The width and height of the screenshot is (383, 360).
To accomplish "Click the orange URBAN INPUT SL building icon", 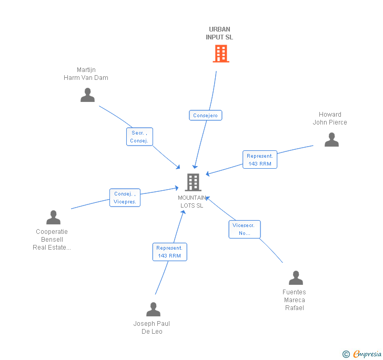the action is click(220, 54).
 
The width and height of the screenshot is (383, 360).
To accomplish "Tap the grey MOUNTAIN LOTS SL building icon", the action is click(193, 182).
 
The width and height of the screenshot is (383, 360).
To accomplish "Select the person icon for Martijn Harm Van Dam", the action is click(87, 95).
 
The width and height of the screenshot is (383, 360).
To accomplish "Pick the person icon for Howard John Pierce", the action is click(331, 139).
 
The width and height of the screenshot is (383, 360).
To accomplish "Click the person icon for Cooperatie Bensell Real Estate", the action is click(53, 217).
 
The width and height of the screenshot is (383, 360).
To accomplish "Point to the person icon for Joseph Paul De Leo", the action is click(153, 309).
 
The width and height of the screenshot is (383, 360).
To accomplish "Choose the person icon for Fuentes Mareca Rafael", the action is click(296, 277).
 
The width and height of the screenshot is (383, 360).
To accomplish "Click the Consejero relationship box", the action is click(205, 116).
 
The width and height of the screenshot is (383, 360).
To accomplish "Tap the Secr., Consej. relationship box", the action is click(139, 137).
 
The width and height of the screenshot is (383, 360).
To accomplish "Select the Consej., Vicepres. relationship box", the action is click(125, 198).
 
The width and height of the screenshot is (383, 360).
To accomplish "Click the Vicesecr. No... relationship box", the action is click(245, 229).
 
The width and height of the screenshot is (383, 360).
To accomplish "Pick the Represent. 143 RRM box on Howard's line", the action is click(260, 160).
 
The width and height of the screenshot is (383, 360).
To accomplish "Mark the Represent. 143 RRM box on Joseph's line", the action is click(169, 252).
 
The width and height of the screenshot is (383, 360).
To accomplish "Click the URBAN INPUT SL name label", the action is click(219, 34).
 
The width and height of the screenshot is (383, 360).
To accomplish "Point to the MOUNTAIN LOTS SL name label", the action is click(192, 202).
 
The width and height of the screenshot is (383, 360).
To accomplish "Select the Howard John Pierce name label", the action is click(330, 118).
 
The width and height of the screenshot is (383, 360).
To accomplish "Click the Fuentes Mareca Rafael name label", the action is click(294, 300).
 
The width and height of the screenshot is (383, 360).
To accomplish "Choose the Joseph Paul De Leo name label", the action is click(152, 327).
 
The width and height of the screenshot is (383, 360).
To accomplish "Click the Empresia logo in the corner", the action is click(362, 354).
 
